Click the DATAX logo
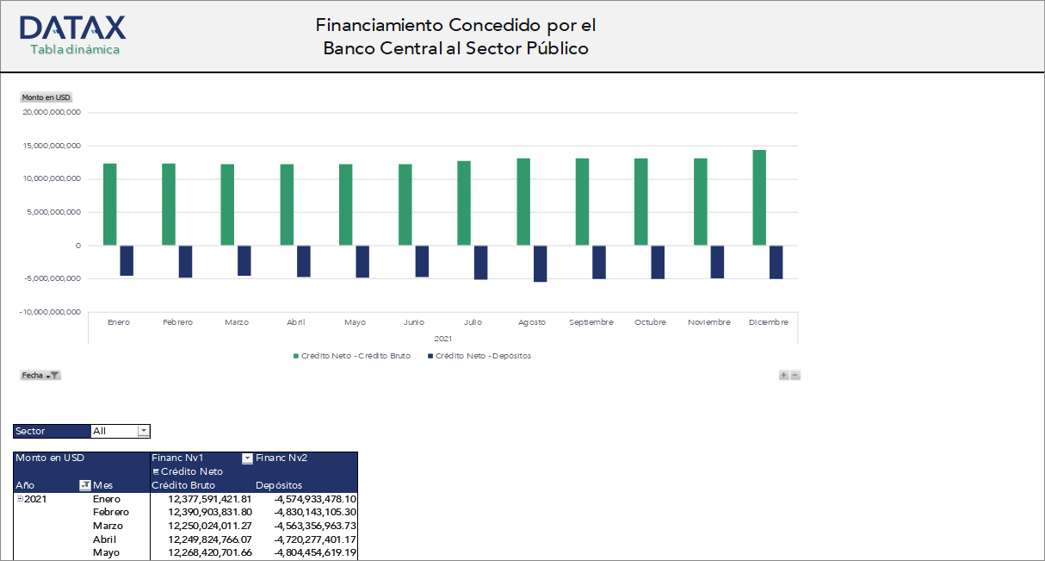pyautogui.click(x=72, y=28)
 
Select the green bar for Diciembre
pyautogui.click(x=759, y=197)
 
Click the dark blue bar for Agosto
pyautogui.click(x=540, y=263)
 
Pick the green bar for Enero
pyautogui.click(x=110, y=203)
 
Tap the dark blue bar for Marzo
pyautogui.click(x=244, y=260)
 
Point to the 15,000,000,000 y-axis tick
pyautogui.click(x=51, y=146)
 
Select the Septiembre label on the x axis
pyautogui.click(x=591, y=322)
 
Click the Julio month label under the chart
pyautogui.click(x=473, y=322)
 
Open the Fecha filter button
pyautogui.click(x=40, y=376)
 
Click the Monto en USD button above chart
pyautogui.click(x=46, y=97)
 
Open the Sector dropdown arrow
pyautogui.click(x=144, y=431)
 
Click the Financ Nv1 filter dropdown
pyautogui.click(x=247, y=458)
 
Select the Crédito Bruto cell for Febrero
pyautogui.click(x=209, y=512)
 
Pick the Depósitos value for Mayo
pyautogui.click(x=315, y=552)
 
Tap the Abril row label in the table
pyautogui.click(x=104, y=539)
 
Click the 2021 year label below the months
pyautogui.click(x=443, y=339)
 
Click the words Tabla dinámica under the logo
pyautogui.click(x=75, y=50)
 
